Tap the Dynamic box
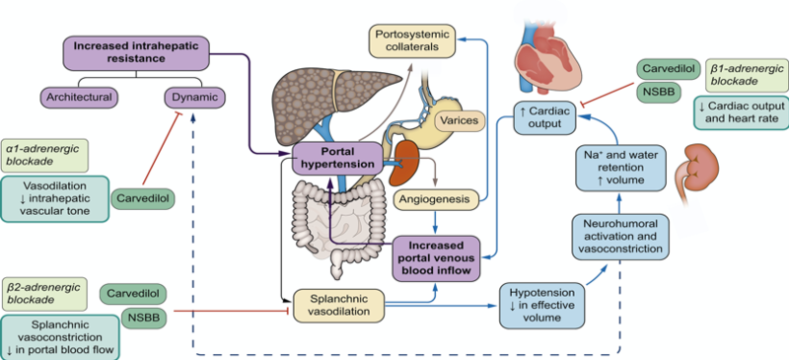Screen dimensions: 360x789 click(x=194, y=97)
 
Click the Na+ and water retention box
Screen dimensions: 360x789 click(x=618, y=168)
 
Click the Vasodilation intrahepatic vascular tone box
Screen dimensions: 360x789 click(x=55, y=197)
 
